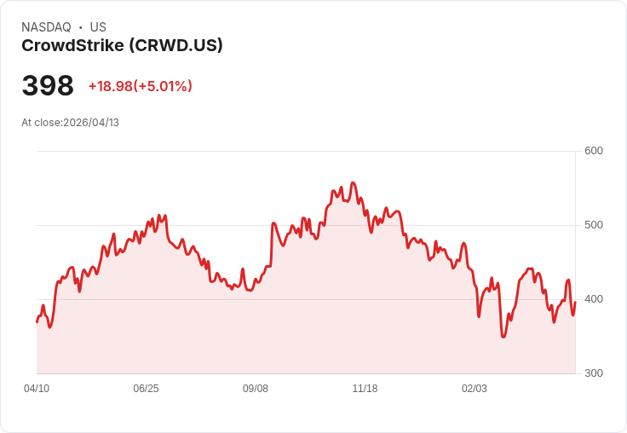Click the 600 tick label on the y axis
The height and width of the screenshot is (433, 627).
pos(593,151)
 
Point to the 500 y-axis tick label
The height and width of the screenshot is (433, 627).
pos(593,225)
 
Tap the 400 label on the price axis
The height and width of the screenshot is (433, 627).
pos(593,299)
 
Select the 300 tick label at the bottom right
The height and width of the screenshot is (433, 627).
pos(593,373)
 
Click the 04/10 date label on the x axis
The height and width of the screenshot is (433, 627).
pos(37,389)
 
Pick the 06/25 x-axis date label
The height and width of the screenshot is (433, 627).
pos(146,389)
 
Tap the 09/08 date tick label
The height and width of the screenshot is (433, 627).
pos(256,389)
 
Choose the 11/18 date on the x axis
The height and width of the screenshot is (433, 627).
pos(365,389)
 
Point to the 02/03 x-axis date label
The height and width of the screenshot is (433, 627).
pos(475,389)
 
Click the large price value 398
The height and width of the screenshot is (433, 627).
pos(48,86)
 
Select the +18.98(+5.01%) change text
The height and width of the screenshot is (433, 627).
pos(141,86)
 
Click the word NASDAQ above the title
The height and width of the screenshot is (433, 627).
pos(46,27)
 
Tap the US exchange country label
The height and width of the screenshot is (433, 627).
pos(98,27)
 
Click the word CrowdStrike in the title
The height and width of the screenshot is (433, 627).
pos(72,45)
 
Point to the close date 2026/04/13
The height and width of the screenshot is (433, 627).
pos(91,123)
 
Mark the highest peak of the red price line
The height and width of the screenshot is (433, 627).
pos(353,182)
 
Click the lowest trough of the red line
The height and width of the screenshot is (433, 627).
pos(503,337)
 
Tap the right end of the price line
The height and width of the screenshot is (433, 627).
pos(575,303)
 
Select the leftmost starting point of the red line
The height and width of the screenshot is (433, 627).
pos(37,321)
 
